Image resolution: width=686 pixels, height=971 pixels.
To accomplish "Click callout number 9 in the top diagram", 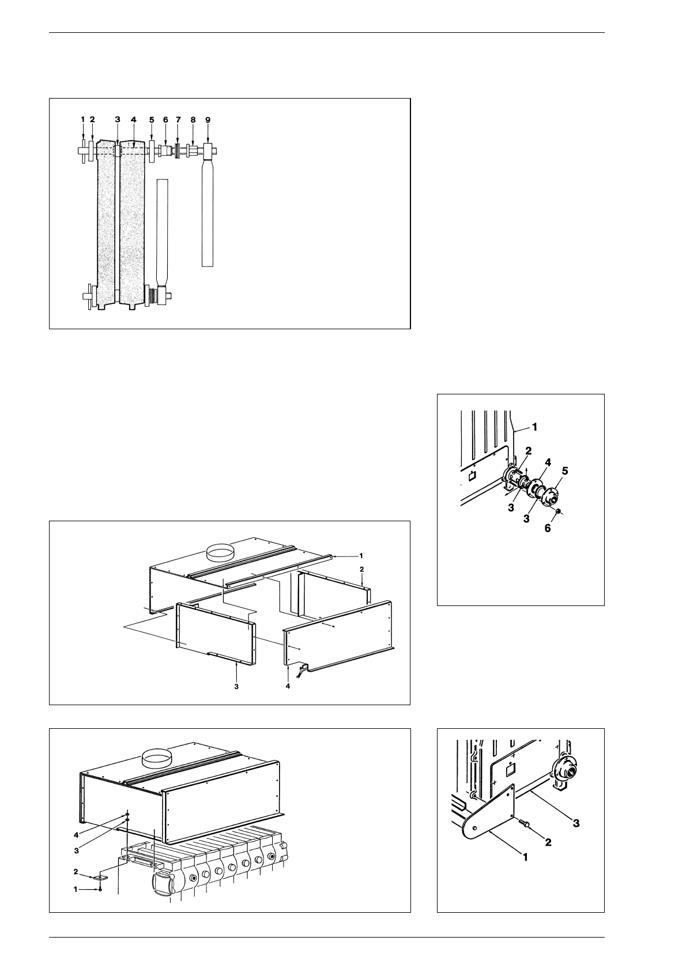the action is (x=208, y=119).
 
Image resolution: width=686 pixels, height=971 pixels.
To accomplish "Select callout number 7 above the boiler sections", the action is (x=178, y=119).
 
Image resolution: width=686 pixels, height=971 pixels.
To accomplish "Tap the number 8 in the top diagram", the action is (x=193, y=119).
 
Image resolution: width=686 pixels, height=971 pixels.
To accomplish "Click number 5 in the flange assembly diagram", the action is (x=565, y=471).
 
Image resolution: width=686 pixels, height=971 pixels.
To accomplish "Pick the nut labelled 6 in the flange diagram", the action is (x=558, y=511).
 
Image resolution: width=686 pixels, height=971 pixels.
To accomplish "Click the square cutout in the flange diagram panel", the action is (x=471, y=476).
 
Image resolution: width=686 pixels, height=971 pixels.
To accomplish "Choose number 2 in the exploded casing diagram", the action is (x=361, y=569).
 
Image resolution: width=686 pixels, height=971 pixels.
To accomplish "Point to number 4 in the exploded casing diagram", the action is (x=288, y=687).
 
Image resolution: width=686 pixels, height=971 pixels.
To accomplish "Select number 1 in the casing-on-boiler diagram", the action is (x=75, y=890).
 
